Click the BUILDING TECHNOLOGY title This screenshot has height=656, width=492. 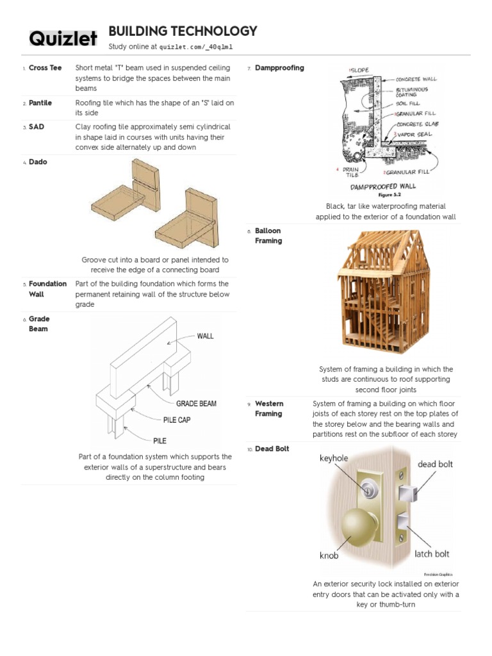[183, 31]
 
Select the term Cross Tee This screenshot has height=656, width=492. [45, 68]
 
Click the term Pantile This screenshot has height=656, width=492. [40, 102]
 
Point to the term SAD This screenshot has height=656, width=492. [37, 127]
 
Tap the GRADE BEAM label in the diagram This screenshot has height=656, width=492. [196, 404]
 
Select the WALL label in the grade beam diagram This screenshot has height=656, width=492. [205, 336]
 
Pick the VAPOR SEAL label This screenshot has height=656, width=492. [416, 134]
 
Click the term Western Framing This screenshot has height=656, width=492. [268, 409]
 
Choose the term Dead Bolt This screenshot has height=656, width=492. [272, 448]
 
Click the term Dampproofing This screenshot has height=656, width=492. [279, 68]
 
